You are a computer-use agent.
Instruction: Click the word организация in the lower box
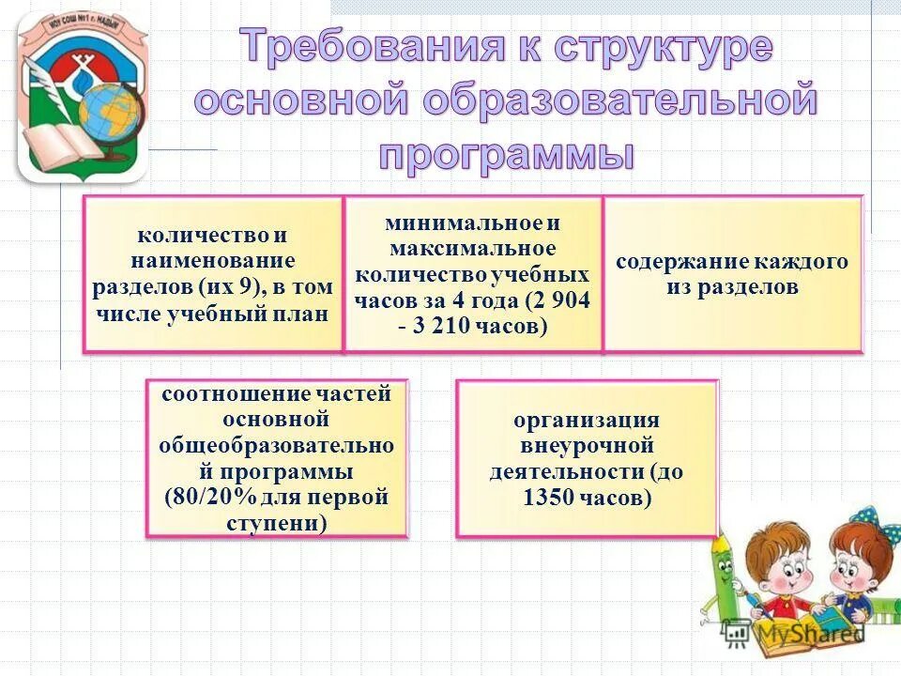586,420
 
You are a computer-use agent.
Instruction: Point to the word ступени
277,522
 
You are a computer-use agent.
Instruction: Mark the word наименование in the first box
213,260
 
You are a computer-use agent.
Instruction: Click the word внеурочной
586,445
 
